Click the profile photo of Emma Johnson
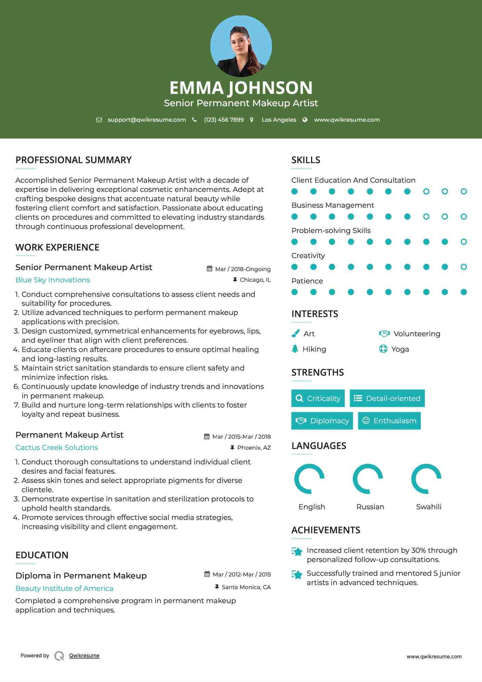coord(241,46)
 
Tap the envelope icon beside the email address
coord(99,120)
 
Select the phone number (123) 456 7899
coord(224,120)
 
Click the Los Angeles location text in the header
coord(279,120)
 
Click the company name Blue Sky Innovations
coord(53,280)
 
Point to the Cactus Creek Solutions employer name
coord(57,448)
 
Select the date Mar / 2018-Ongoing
coord(243,269)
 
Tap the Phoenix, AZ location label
coord(254,448)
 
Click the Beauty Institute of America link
coord(64,588)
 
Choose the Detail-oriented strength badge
coord(387,398)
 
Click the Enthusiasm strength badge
coord(389,421)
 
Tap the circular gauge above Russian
coord(368,479)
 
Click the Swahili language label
coord(429,507)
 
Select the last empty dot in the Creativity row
coord(464,267)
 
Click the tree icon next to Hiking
coord(295,349)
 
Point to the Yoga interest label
coord(400,349)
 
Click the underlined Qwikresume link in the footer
coord(84,656)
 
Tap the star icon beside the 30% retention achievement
coord(297,551)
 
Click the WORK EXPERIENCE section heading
coord(57,247)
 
